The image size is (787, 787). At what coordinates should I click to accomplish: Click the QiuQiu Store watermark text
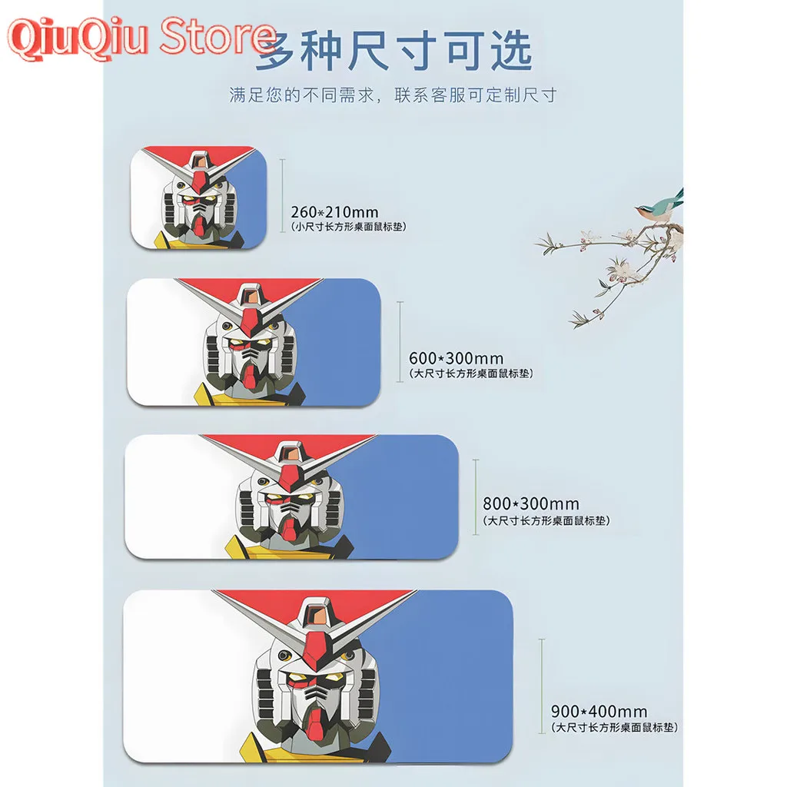pos(142,37)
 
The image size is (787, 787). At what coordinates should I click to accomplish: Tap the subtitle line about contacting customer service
pos(393,96)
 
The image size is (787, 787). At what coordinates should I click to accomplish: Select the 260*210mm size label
pos(334,211)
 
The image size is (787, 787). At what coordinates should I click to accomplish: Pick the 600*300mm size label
pos(456,358)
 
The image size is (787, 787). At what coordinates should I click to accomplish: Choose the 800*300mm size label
pos(531,504)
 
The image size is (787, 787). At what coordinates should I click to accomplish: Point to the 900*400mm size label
pos(599,712)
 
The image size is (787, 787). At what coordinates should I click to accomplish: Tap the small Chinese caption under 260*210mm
pos(348,227)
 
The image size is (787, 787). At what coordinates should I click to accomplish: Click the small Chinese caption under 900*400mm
pos(615,727)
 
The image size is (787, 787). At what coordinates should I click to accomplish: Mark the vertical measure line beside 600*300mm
pos(400,342)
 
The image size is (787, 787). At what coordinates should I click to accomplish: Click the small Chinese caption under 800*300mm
pos(546,521)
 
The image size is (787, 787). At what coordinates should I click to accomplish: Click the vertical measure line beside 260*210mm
pos(283,195)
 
